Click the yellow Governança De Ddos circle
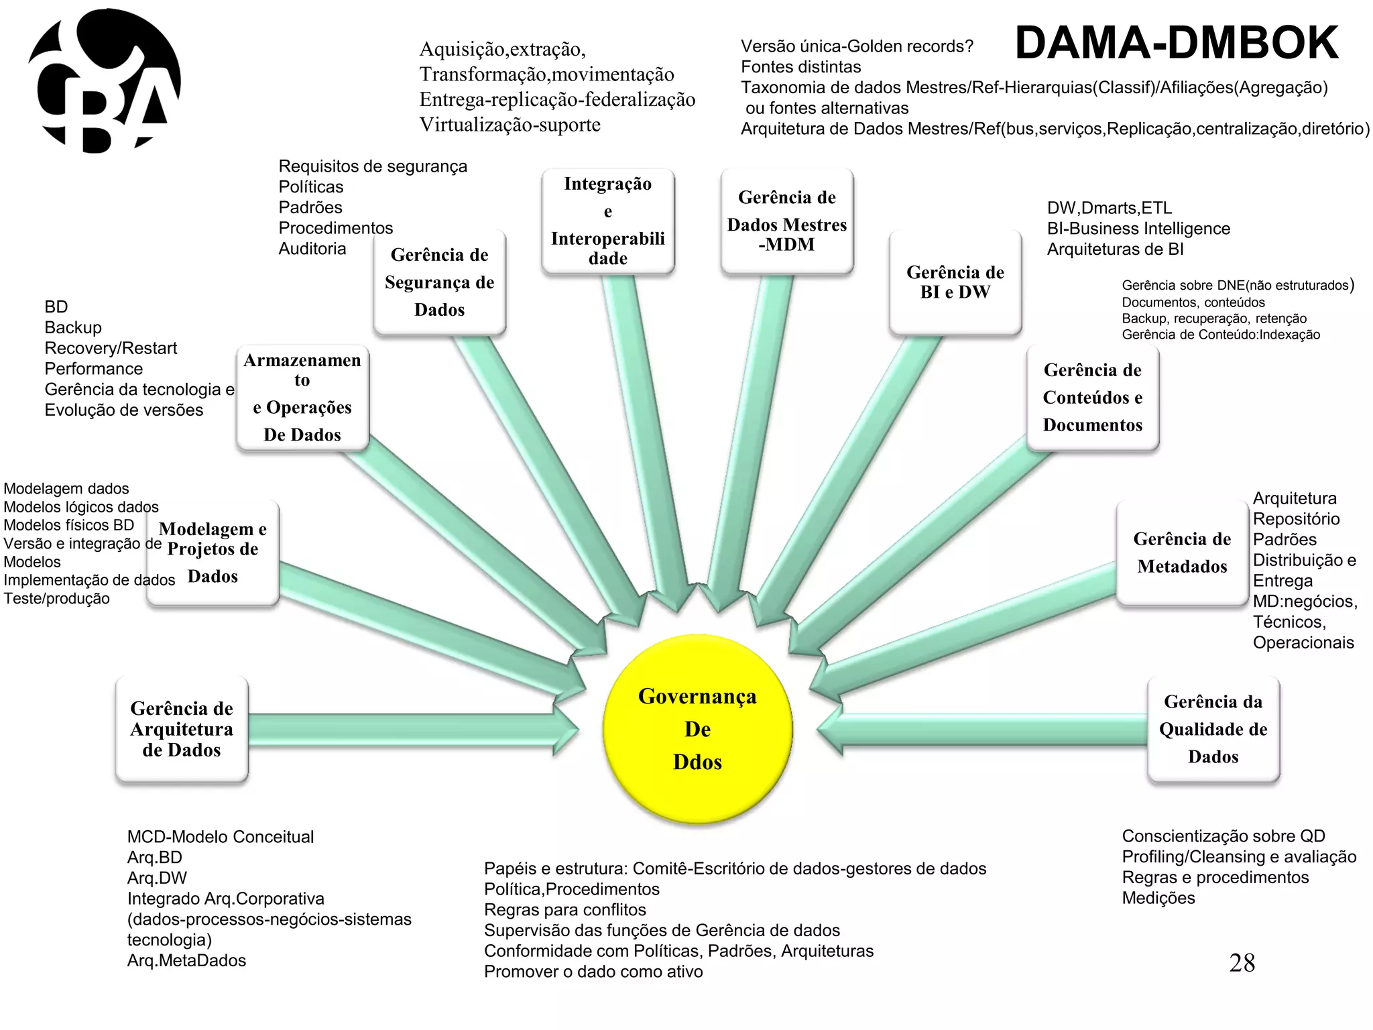tap(697, 729)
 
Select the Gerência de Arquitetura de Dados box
tap(182, 730)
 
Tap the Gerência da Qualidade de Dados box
tap(1213, 729)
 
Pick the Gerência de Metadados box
tap(1182, 553)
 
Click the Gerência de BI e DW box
tap(955, 282)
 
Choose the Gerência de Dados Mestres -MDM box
tap(787, 221)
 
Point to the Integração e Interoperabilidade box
tap(607, 221)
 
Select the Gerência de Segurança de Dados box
tap(439, 282)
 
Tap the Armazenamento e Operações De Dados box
tap(302, 398)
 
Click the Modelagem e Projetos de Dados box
tap(213, 553)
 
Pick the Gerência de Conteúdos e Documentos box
tap(1092, 398)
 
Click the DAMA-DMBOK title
tap(1177, 43)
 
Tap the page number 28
tap(1242, 963)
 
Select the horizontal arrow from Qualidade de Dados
tap(986, 730)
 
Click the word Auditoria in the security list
tap(312, 249)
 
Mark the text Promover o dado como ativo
tap(593, 972)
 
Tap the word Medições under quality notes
tap(1158, 898)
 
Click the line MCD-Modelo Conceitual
tap(221, 837)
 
